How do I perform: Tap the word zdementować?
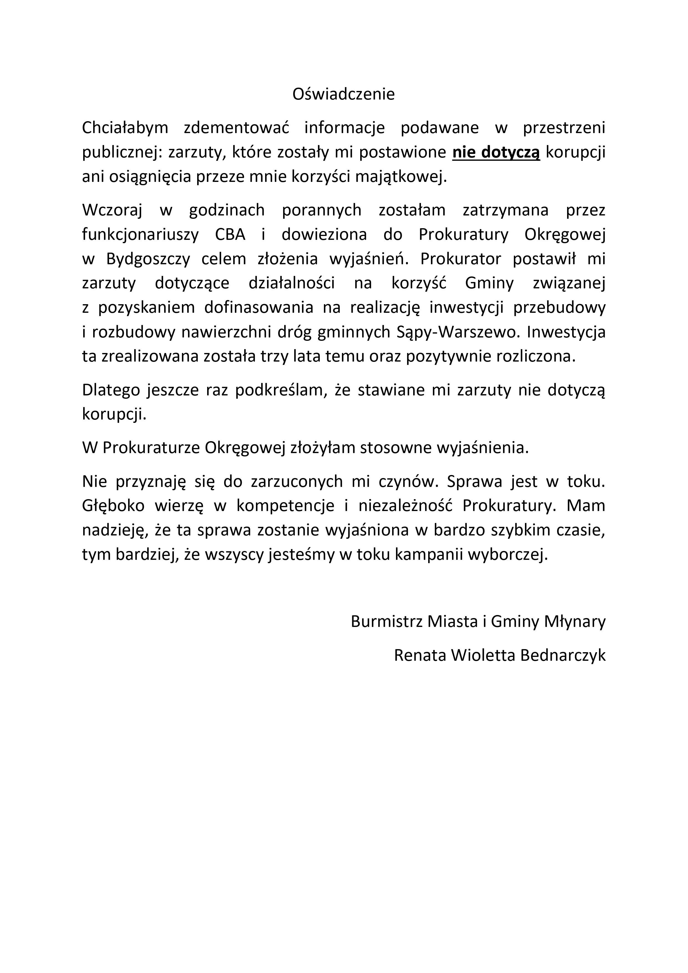point(237,128)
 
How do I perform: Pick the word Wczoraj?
point(112,210)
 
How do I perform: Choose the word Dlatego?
point(111,390)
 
